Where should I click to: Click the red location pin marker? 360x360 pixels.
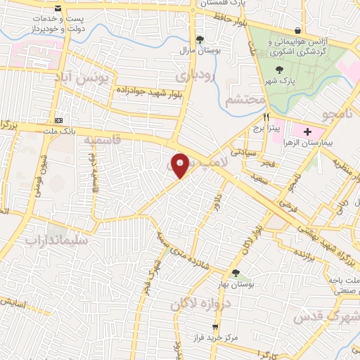click(x=181, y=164)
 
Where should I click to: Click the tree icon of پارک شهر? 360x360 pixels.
click(x=281, y=69)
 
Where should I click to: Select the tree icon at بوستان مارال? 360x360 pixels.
click(x=200, y=39)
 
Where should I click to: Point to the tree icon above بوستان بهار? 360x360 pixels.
click(x=235, y=273)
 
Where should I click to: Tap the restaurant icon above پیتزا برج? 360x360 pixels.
click(x=266, y=117)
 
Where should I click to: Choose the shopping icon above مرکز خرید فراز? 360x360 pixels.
click(x=215, y=327)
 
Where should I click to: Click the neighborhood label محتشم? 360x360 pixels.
click(x=244, y=101)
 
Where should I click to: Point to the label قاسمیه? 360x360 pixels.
click(x=103, y=140)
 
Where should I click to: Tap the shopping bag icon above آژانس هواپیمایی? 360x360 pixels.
click(x=299, y=30)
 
